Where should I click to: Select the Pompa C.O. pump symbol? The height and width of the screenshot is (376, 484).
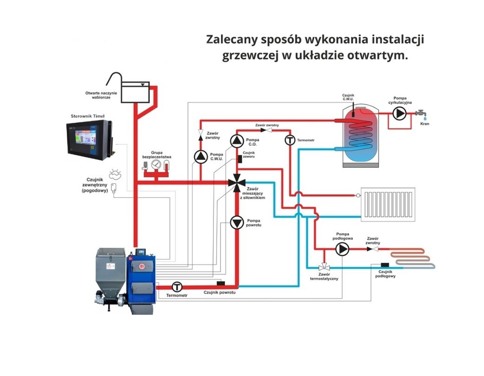point(237,141)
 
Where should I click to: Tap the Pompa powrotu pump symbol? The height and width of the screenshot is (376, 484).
point(237,222)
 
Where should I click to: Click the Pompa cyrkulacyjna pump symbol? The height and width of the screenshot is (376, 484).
point(400,113)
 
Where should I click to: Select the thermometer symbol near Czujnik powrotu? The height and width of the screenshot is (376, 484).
point(177,286)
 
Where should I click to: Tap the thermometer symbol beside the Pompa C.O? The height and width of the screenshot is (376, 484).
point(290,140)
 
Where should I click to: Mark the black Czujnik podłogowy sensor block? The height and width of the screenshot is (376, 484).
point(385,266)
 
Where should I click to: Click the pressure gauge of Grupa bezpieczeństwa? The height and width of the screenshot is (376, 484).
point(157,165)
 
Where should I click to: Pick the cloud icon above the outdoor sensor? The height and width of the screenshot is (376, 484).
point(114,175)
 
